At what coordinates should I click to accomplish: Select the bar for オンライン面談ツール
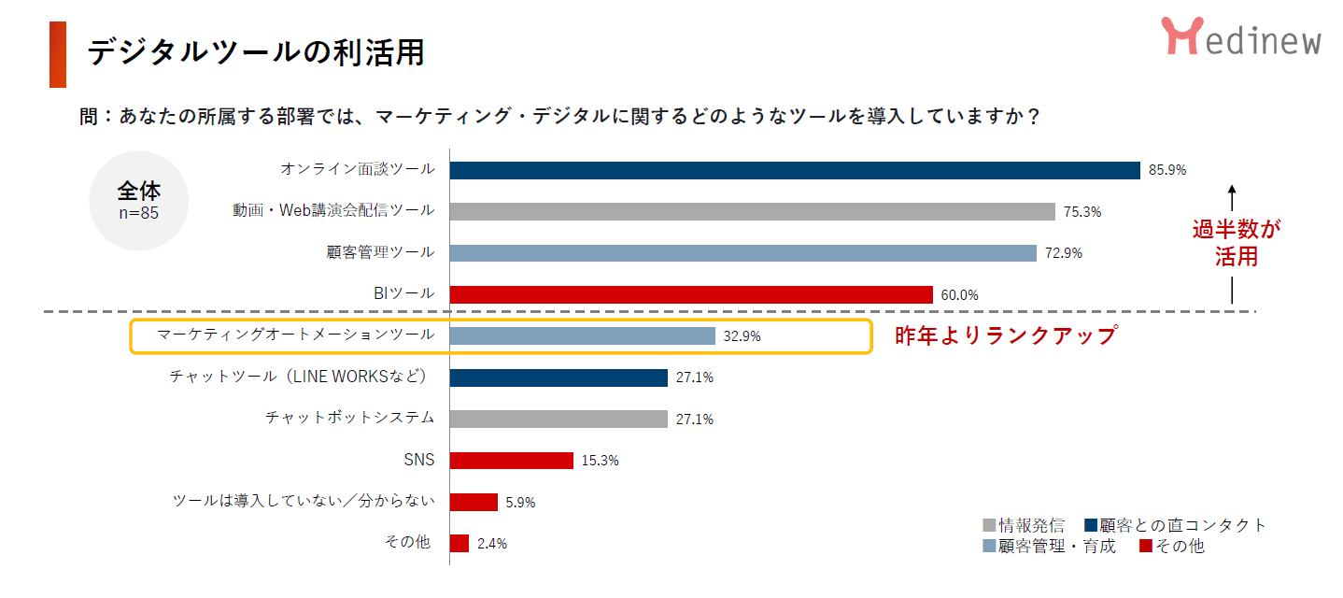(795, 170)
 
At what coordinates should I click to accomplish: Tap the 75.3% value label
(1082, 212)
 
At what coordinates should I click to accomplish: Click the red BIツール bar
(691, 294)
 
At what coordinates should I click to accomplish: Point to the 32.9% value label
(742, 336)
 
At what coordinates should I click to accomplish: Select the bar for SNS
(511, 461)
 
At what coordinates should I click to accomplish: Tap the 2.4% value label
(491, 544)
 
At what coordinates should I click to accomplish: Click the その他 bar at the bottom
(459, 544)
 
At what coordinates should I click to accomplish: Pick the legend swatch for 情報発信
(990, 525)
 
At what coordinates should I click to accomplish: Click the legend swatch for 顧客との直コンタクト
(1091, 525)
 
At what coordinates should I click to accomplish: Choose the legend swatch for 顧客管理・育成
(990, 547)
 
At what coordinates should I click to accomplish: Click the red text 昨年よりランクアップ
(1006, 335)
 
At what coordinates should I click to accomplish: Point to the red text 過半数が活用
(1236, 243)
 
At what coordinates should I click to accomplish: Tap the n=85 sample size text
(139, 212)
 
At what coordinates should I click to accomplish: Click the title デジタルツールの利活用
(256, 52)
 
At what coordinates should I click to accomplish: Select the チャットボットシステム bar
(558, 419)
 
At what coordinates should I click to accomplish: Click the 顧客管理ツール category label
(380, 252)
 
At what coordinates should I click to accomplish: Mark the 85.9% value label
(1167, 170)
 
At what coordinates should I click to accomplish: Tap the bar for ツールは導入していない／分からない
(474, 502)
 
